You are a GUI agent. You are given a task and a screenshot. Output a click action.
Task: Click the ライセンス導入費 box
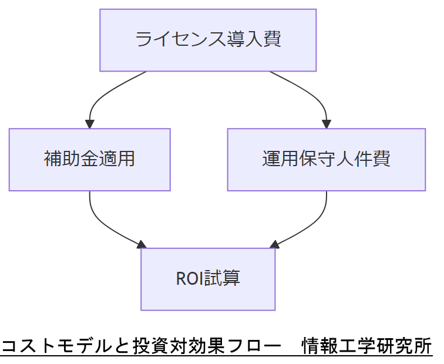(208, 40)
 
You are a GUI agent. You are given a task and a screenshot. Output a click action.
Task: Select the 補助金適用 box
(89, 160)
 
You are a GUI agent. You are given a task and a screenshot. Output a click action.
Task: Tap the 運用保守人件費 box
(326, 160)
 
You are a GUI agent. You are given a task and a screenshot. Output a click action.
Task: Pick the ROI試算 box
(208, 279)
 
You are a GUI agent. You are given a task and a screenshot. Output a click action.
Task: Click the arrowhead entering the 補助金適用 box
(90, 124)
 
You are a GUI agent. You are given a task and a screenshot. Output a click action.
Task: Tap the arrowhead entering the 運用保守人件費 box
(327, 124)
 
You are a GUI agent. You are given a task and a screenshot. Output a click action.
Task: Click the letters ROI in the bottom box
(189, 279)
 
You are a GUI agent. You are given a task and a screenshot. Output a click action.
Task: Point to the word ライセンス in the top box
(171, 40)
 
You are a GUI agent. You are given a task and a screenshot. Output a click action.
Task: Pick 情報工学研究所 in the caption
(366, 346)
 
